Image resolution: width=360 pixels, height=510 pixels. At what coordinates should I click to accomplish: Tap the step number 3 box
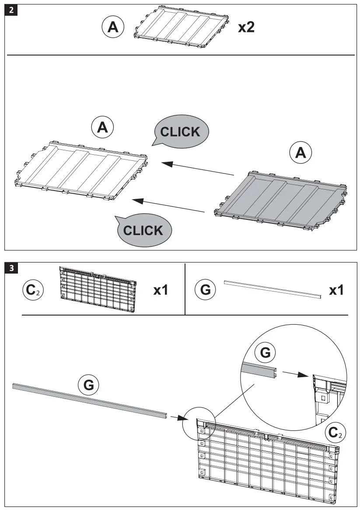[x=10, y=267]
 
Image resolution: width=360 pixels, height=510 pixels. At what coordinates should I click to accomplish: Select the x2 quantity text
[x=246, y=28]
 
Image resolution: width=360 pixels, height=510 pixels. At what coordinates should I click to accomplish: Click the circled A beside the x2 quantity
[x=113, y=28]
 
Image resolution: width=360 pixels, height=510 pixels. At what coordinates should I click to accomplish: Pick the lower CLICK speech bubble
[x=143, y=230]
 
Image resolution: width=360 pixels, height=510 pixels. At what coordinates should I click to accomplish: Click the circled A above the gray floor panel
[x=301, y=153]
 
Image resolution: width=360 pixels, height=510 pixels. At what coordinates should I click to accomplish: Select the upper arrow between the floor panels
[x=197, y=169]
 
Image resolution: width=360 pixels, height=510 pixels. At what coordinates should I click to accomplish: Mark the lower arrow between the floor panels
[x=168, y=206]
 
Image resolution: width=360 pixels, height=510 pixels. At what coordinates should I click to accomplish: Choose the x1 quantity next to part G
[x=336, y=290]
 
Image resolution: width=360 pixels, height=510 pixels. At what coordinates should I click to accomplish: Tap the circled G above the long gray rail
[x=88, y=385]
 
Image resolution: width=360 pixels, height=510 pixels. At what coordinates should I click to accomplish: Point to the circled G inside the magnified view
[x=265, y=352]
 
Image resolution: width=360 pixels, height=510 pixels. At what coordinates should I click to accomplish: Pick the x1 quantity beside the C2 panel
[x=161, y=290]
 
